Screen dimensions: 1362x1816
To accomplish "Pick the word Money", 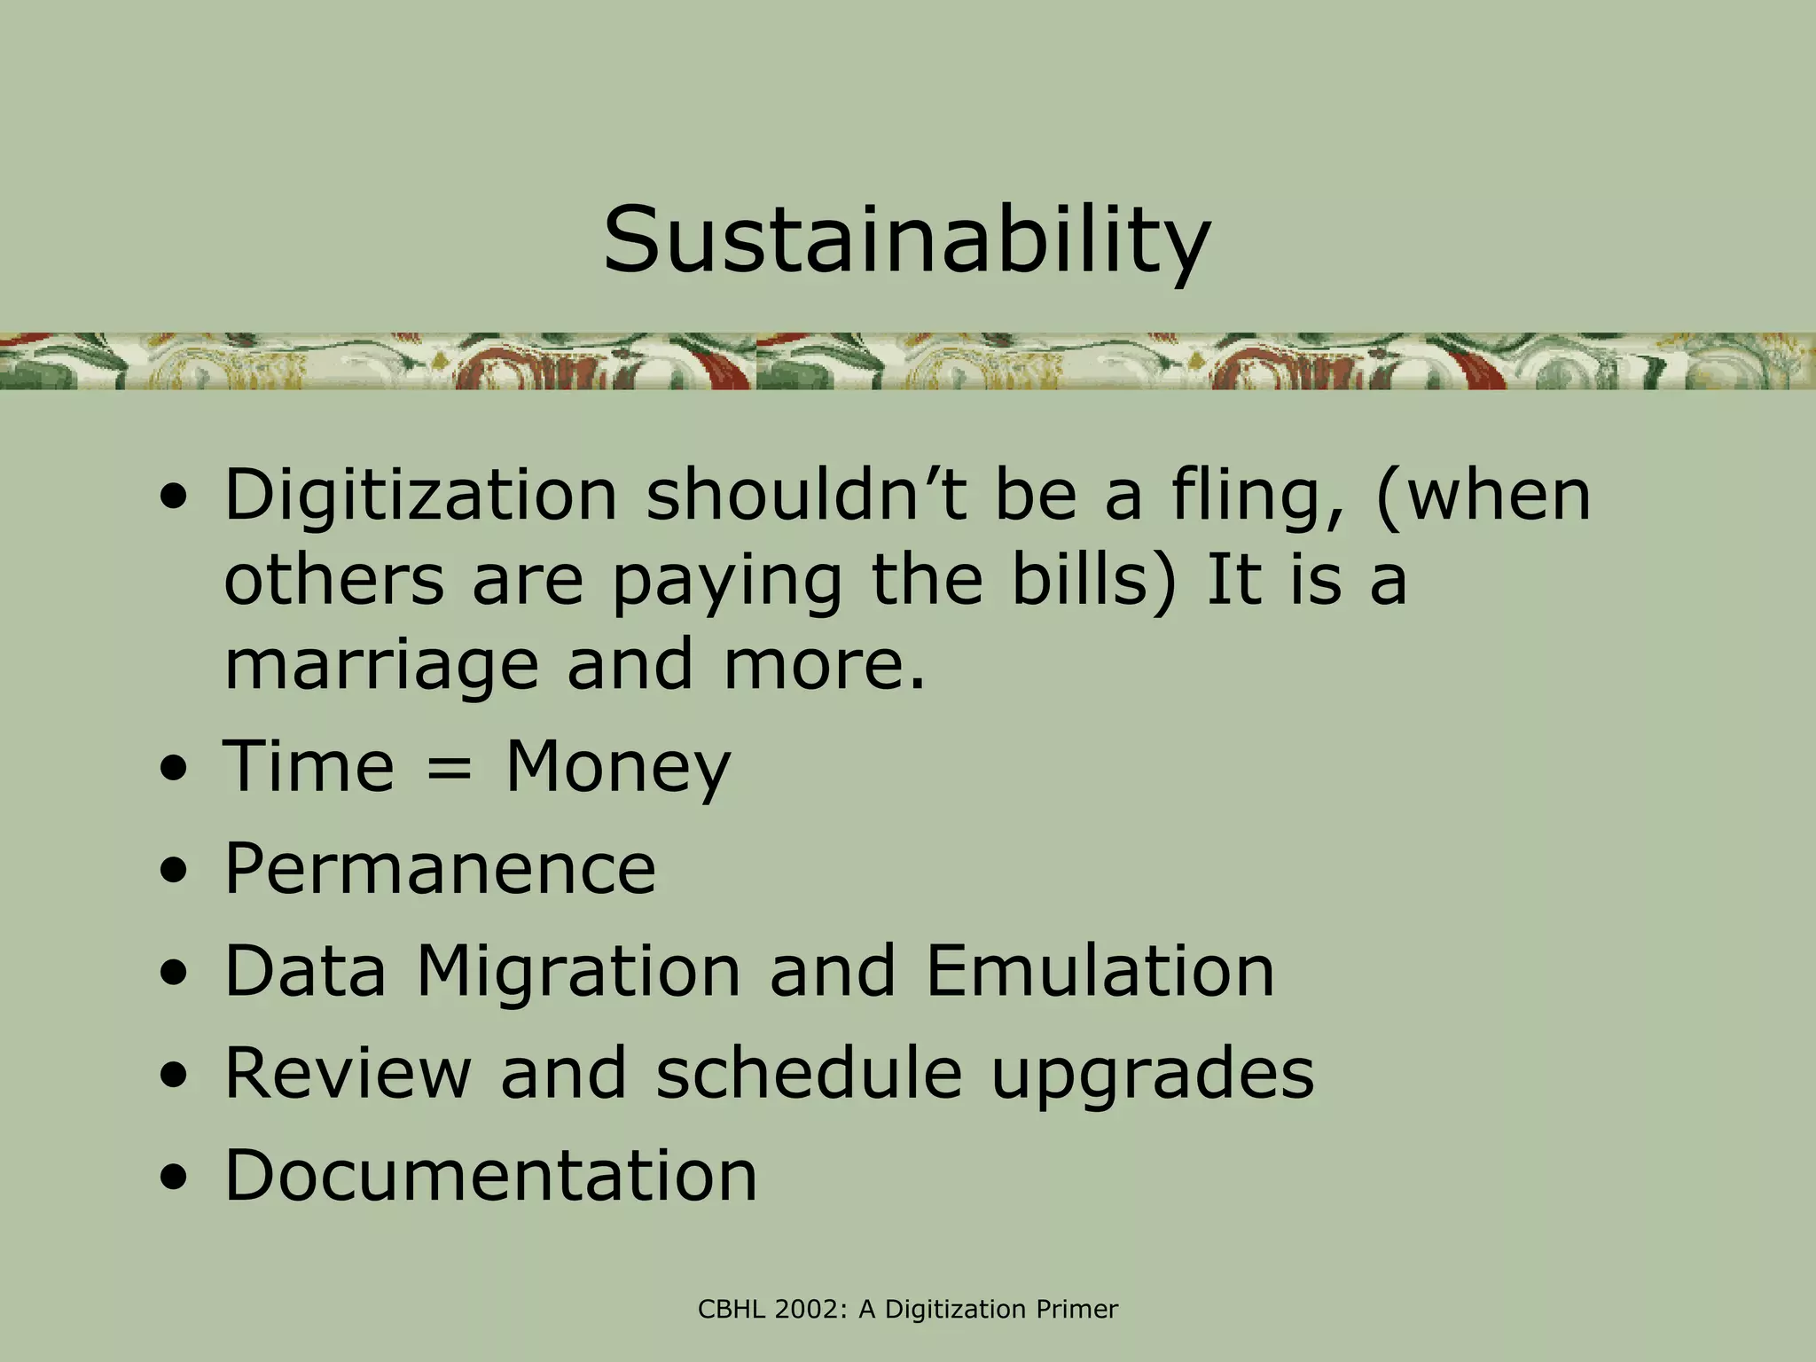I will point(618,768).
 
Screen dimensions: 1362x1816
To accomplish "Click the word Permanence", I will point(440,869).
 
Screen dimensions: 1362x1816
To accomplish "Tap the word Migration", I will point(578,972).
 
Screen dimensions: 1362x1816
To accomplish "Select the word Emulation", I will point(1100,971).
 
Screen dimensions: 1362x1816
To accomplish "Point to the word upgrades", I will point(1152,1075).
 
